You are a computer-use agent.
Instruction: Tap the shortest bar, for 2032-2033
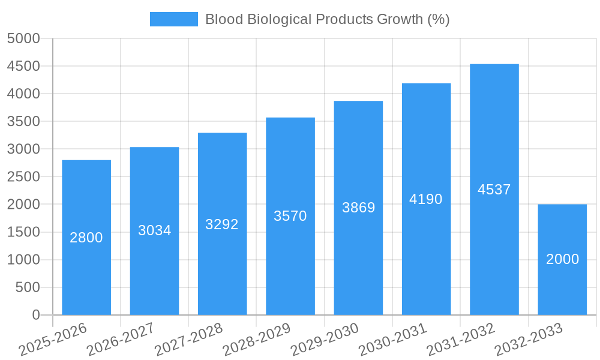(x=562, y=288)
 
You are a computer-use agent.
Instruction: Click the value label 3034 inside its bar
(x=154, y=230)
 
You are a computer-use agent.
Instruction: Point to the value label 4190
(x=426, y=199)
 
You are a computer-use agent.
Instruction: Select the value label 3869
(x=358, y=208)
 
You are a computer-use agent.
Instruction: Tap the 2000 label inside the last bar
(x=562, y=259)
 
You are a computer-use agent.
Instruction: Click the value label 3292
(x=222, y=224)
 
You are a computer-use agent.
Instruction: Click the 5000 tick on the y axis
(x=23, y=39)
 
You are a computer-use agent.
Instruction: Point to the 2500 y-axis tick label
(x=23, y=177)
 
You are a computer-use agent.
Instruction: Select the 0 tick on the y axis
(x=35, y=315)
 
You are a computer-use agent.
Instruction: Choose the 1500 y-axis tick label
(x=23, y=232)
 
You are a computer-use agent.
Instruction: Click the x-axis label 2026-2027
(x=121, y=340)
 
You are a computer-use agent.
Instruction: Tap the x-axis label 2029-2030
(x=325, y=340)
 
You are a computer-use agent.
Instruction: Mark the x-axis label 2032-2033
(x=529, y=340)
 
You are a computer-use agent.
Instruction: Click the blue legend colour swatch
(x=173, y=19)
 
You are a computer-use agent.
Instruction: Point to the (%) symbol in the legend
(x=439, y=19)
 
